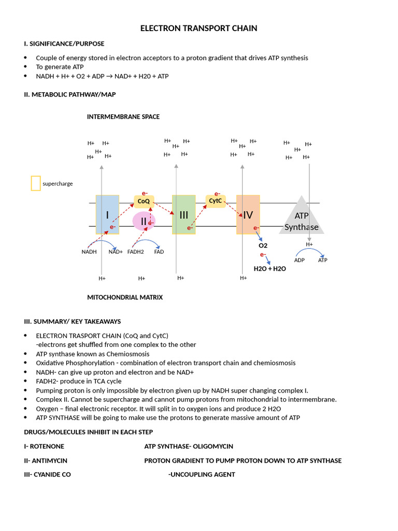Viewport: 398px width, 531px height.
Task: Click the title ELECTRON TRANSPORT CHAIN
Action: coord(198,29)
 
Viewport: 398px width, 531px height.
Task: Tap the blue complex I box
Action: coord(107,215)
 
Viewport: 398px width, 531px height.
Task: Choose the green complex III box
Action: coord(183,215)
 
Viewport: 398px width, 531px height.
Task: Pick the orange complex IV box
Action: coord(248,215)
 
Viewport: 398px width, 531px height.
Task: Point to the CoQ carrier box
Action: coord(144,201)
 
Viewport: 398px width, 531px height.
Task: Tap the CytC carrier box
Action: coord(216,201)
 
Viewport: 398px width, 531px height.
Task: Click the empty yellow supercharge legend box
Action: coord(36,183)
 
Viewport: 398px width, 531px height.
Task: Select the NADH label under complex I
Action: coord(89,252)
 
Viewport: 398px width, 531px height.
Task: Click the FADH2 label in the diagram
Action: coord(136,252)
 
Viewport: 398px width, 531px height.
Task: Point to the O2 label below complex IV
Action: coord(263,245)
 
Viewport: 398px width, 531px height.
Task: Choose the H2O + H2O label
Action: coord(269,269)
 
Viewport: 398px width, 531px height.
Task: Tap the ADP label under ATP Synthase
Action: coord(300,260)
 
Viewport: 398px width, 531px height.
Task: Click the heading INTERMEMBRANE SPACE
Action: coord(123,117)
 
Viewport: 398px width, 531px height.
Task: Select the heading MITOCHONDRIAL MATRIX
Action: coord(125,298)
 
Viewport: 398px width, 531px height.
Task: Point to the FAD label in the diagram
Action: coord(159,252)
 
